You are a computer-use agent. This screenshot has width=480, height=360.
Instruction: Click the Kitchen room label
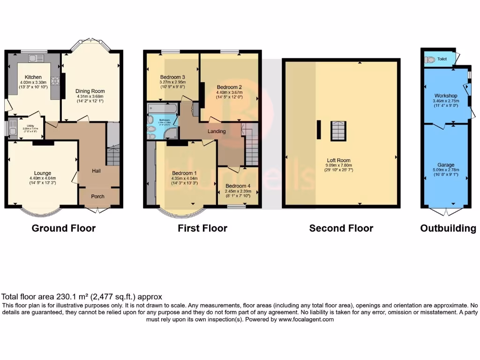[x=33, y=77]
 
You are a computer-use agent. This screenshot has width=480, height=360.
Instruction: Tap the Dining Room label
[x=90, y=91]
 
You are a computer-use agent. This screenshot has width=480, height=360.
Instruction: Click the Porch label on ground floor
[x=97, y=196]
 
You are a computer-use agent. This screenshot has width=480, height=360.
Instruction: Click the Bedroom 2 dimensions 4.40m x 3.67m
[x=229, y=93]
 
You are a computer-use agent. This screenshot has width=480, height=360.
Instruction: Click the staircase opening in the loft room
[x=337, y=130]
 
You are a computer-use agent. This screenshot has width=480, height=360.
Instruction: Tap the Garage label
[x=446, y=165]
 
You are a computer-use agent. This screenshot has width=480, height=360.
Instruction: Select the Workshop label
[x=445, y=96]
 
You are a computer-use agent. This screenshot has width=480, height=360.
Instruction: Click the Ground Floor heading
[x=63, y=228]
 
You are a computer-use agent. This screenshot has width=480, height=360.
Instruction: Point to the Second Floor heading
[x=341, y=228]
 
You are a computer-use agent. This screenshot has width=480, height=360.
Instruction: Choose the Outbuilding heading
[x=448, y=228]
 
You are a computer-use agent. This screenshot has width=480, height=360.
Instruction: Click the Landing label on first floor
[x=217, y=131]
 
